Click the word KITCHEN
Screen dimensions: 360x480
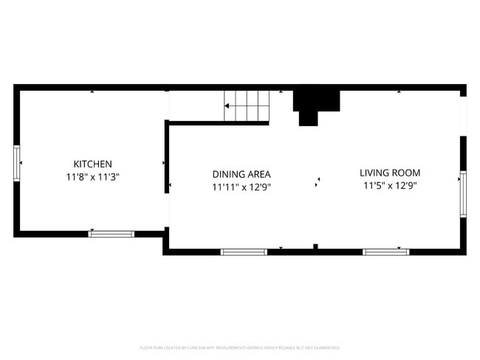(92, 164)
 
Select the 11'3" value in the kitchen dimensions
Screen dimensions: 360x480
(107, 177)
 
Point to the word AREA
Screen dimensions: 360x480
(259, 174)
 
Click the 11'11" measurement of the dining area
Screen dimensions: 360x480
(224, 187)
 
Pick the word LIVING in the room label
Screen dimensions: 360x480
(374, 173)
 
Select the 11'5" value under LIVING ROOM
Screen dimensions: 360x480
(374, 186)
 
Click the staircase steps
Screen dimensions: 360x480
(247, 106)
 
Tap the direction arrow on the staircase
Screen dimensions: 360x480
(229, 106)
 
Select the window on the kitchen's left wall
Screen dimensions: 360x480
(16, 163)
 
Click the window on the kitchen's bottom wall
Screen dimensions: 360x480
(112, 234)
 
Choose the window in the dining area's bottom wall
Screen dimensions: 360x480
(244, 252)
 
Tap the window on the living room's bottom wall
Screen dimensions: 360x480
(385, 252)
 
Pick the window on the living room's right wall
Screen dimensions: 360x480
(463, 194)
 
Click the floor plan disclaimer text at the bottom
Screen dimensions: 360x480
(240, 347)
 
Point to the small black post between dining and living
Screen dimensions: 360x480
(315, 246)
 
